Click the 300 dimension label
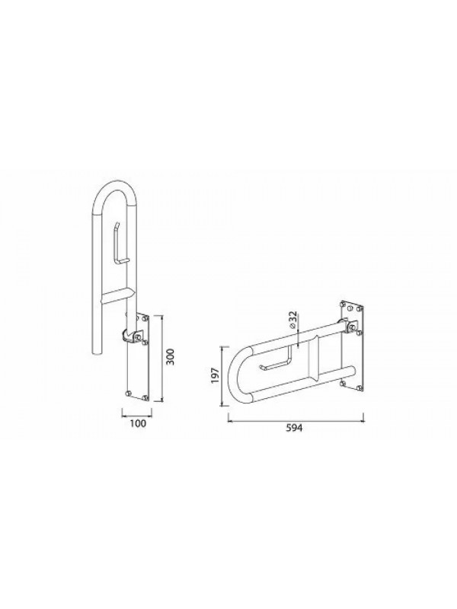click(x=170, y=356)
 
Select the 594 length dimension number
click(x=294, y=428)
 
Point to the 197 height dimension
click(x=216, y=376)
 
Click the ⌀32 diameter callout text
click(x=293, y=320)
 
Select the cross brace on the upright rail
click(x=117, y=296)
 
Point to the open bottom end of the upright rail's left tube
click(x=97, y=352)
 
